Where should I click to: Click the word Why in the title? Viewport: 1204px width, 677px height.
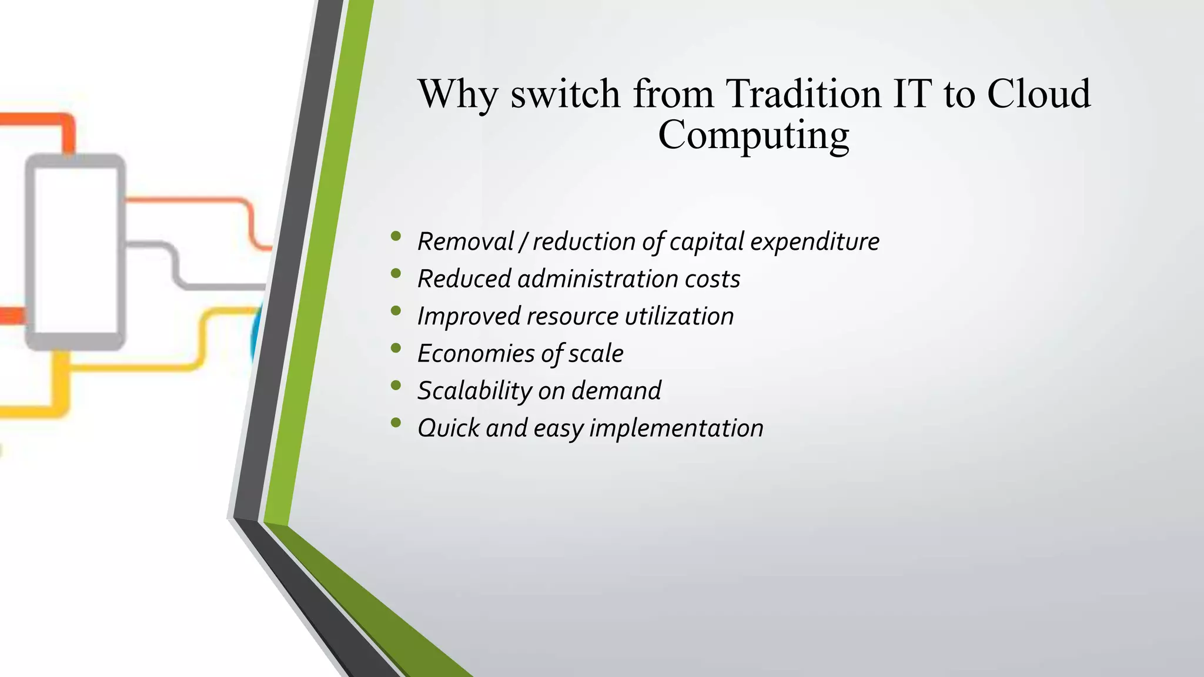(x=457, y=94)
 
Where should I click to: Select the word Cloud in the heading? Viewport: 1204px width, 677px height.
(x=1038, y=94)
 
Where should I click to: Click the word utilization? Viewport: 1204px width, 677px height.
(x=679, y=316)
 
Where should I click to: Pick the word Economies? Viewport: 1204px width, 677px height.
(x=476, y=353)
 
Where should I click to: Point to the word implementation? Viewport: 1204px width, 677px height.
(x=676, y=428)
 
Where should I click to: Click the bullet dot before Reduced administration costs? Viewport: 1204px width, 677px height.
(x=396, y=273)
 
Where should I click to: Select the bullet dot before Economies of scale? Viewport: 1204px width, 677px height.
(x=396, y=348)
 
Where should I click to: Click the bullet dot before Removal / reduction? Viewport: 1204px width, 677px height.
(x=396, y=236)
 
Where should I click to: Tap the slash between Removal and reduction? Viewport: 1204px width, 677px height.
(x=523, y=242)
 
